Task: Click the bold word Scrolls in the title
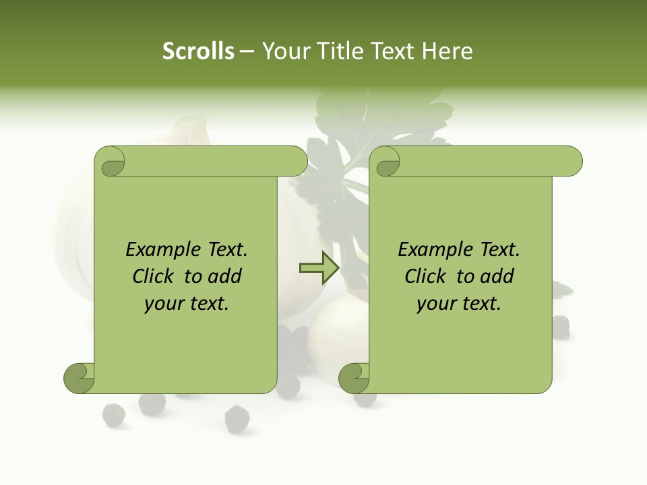[x=198, y=51]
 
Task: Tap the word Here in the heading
[x=447, y=51]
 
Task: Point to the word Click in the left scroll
[x=154, y=276]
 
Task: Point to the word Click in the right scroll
[x=427, y=276]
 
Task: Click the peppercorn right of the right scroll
[x=561, y=327]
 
